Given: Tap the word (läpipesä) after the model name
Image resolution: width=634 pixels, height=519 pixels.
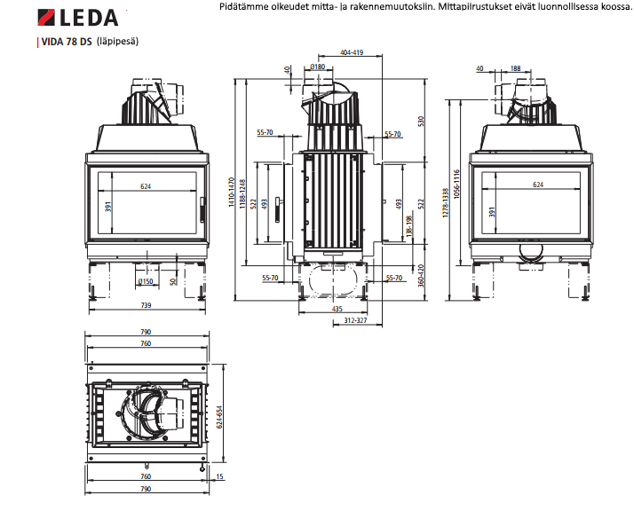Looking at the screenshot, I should (118, 42).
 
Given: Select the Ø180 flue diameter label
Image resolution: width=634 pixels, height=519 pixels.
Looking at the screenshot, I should (317, 67).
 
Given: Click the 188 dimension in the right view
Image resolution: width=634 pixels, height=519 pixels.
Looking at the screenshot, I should (514, 67).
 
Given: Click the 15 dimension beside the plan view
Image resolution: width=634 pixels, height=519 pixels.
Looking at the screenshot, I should (219, 476).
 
